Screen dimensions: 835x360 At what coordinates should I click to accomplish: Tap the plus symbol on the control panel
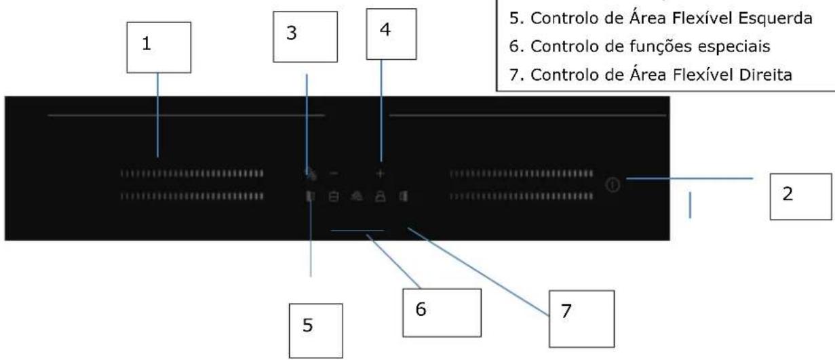(x=380, y=174)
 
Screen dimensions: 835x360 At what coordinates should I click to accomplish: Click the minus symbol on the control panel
(x=334, y=174)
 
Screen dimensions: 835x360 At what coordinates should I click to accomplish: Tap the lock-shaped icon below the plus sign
(x=381, y=197)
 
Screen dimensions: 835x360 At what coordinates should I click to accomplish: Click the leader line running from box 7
(x=478, y=272)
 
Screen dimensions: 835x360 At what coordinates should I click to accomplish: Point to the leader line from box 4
(x=381, y=111)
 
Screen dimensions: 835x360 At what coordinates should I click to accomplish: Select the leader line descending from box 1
(x=157, y=115)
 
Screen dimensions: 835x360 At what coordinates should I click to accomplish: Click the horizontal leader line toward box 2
(x=690, y=178)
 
